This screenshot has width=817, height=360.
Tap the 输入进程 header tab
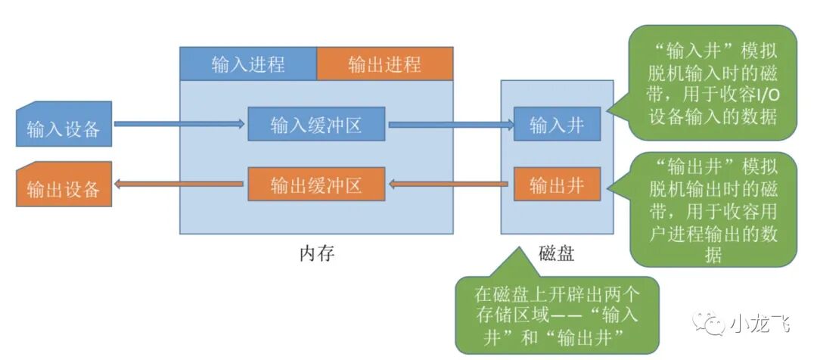point(247,64)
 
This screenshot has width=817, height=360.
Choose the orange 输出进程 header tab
point(384,64)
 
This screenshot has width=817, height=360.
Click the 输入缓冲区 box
point(316,124)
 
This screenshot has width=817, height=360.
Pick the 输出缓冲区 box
point(316,185)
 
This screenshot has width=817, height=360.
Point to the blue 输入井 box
point(557,124)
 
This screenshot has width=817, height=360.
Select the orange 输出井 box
point(557,185)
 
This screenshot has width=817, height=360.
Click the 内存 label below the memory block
point(316,253)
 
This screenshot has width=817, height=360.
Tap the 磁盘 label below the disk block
point(556,253)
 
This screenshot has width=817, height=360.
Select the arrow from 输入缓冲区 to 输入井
point(449,124)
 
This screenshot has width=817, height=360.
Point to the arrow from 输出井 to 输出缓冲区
point(449,185)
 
